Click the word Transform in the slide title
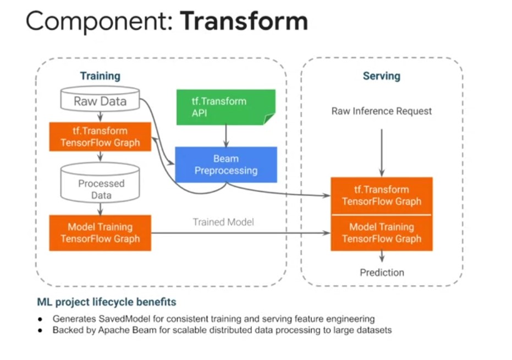244,21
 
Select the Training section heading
100,76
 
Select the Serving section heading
381,76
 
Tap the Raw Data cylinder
100,101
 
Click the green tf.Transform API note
225,107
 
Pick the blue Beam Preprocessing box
225,165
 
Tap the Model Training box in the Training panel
100,233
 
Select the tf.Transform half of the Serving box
382,195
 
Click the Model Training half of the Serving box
382,232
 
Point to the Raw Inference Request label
382,111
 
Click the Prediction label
382,272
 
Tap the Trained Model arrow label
223,222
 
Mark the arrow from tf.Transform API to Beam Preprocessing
226,135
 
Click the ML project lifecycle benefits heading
107,302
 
